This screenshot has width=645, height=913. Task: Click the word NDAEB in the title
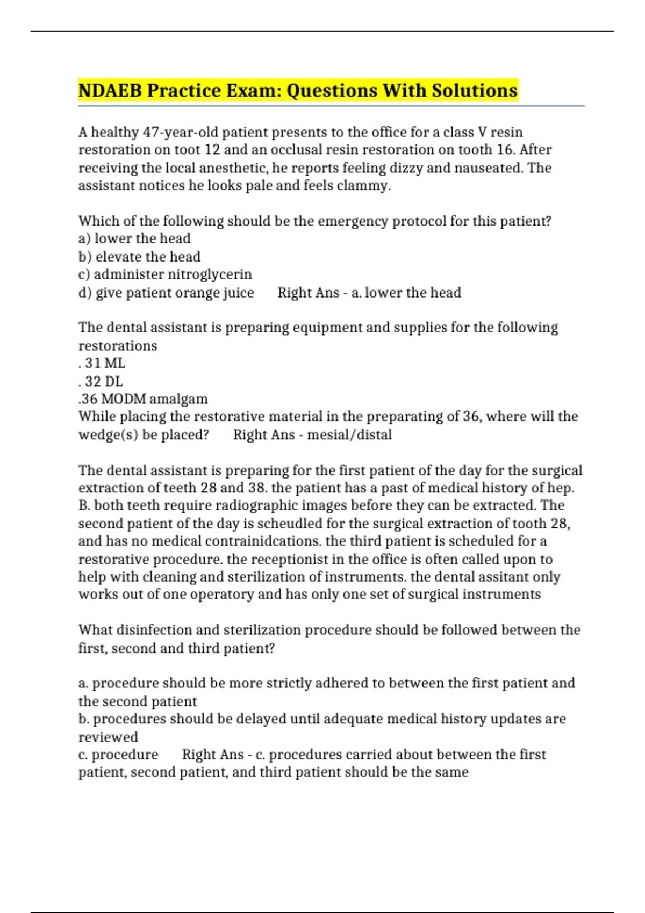[110, 90]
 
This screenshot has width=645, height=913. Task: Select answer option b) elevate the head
[139, 257]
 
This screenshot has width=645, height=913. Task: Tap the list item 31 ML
[104, 363]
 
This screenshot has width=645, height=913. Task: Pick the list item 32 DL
[103, 381]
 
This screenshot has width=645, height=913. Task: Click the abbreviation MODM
[123, 399]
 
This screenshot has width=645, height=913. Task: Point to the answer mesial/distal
[349, 434]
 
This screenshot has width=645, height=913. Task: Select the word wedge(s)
[108, 434]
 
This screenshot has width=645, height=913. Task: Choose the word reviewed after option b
[108, 737]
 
